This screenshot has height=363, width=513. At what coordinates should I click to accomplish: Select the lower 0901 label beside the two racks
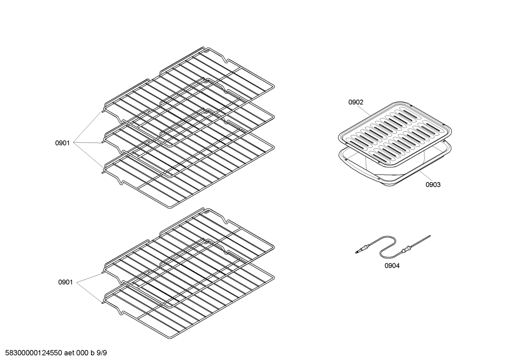coord(65,282)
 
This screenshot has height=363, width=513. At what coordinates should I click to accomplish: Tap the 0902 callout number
coord(356,102)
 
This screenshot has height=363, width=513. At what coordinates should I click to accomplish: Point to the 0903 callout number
coord(433,185)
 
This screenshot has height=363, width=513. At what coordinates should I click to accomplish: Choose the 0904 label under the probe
coord(392,266)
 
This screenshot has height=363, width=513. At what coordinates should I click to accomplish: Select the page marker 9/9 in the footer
coord(102,353)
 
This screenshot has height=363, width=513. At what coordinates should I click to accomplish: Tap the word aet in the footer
coord(69,353)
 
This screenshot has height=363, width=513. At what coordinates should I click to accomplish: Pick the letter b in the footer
coord(92,353)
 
